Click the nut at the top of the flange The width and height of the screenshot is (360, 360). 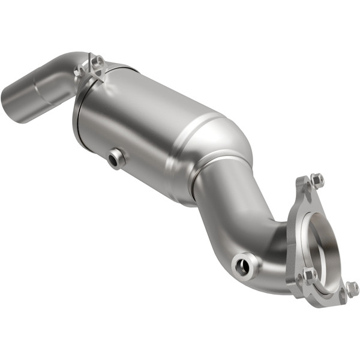[x=317, y=179]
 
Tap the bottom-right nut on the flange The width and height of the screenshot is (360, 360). [x=352, y=289]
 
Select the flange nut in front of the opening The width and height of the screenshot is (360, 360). [x=310, y=275]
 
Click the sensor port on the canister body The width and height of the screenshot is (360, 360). [x=115, y=158]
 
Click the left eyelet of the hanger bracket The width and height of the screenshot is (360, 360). [x=79, y=71]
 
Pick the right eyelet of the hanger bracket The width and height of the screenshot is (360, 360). [x=98, y=61]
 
